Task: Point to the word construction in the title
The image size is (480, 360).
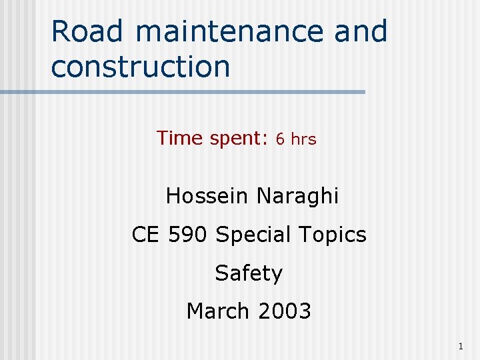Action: coord(140,67)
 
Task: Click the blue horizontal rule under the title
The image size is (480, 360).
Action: coord(200,92)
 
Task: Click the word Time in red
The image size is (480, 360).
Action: coord(179,138)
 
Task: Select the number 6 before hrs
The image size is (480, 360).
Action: coord(281,139)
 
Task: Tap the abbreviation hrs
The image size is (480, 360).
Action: coord(303,139)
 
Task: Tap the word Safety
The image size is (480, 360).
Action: coord(249,273)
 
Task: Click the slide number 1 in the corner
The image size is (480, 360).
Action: coord(461,346)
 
